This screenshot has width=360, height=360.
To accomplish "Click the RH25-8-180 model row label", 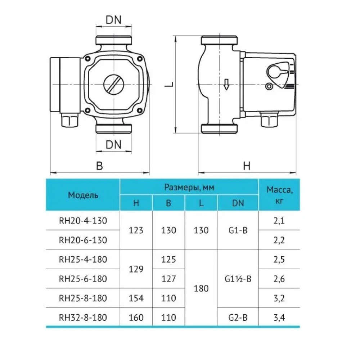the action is [x=83, y=298].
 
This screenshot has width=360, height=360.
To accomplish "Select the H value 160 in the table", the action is [x=136, y=318].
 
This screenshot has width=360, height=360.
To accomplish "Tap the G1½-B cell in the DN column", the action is [x=238, y=279].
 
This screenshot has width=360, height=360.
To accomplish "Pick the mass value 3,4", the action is [x=279, y=318].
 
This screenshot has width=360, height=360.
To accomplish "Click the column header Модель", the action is [x=83, y=195].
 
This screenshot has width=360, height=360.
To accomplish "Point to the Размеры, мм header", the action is [x=189, y=187].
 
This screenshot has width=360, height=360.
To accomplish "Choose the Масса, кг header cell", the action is [x=279, y=195].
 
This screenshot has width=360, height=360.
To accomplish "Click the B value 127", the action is [x=168, y=279].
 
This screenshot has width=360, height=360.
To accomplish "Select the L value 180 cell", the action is [x=201, y=288].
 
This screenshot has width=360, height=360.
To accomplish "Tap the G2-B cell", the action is [x=238, y=318].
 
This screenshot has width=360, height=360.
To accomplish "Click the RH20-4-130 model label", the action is [x=83, y=221].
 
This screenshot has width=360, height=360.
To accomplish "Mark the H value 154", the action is [x=136, y=298].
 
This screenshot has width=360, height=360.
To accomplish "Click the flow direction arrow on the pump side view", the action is [x=226, y=84].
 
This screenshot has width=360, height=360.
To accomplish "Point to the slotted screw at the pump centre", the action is [x=114, y=85].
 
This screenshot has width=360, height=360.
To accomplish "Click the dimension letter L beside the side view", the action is [x=169, y=84].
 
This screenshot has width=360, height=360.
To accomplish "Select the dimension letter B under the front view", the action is [x=99, y=166].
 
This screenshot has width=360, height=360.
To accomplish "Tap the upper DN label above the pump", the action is [x=113, y=20].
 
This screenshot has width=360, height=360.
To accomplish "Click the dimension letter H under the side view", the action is [x=247, y=166].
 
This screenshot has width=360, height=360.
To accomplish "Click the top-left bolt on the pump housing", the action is [x=87, y=59].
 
